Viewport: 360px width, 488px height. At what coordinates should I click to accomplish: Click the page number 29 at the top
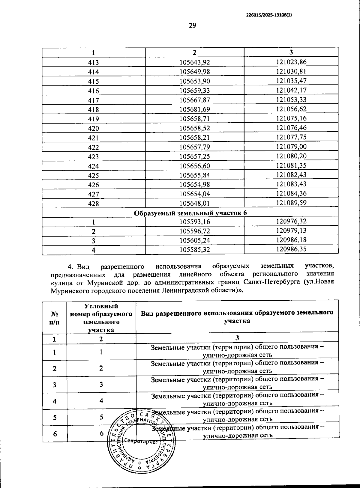pyautogui.click(x=192, y=25)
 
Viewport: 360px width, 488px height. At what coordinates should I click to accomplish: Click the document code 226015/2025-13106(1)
pyautogui.click(x=269, y=13)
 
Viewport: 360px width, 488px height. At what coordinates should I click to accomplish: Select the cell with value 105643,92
pyautogui.click(x=194, y=62)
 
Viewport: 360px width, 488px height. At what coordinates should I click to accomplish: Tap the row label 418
pyautogui.click(x=94, y=110)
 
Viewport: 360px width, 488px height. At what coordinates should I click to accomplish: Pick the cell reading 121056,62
pyautogui.click(x=291, y=109)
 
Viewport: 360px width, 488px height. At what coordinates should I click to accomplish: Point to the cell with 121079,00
pyautogui.click(x=291, y=147)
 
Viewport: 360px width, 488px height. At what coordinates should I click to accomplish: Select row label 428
pyautogui.click(x=94, y=204)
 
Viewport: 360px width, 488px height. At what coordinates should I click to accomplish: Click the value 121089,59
pyautogui.click(x=291, y=203)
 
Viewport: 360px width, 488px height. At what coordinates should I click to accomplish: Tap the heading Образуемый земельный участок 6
pyautogui.click(x=190, y=213)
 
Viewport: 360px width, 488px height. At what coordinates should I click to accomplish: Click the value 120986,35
pyautogui.click(x=291, y=249)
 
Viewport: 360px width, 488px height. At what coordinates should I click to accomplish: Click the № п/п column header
pyautogui.click(x=54, y=318)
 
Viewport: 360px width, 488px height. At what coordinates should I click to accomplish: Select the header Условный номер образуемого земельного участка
pyautogui.click(x=101, y=318)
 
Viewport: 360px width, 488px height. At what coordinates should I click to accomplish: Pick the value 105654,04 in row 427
pyautogui.click(x=194, y=194)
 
